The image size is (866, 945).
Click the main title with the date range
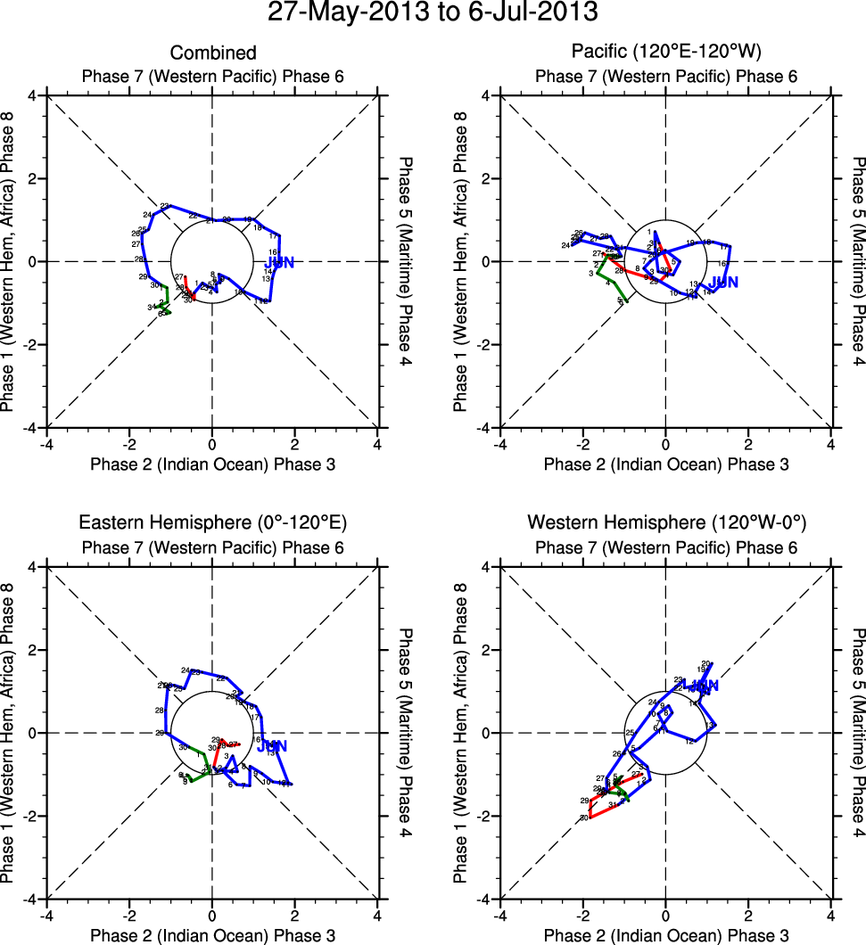433,13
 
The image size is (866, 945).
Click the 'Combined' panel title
212,53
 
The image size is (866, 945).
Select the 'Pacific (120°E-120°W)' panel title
665,53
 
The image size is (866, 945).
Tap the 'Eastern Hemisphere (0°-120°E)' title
212,522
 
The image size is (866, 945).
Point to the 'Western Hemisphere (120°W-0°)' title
665,522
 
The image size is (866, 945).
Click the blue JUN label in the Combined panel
279,262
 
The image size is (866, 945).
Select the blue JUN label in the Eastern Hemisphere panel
272,746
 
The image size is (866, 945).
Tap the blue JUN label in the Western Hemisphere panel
700,686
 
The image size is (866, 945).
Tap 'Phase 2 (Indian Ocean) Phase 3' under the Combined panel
212,464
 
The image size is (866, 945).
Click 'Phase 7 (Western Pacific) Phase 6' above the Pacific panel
665,77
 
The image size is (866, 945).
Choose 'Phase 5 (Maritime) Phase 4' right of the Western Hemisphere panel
858,733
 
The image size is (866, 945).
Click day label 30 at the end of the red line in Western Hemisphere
584,818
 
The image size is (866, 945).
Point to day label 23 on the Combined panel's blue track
164,207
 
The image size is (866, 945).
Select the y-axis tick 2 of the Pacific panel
488,178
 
